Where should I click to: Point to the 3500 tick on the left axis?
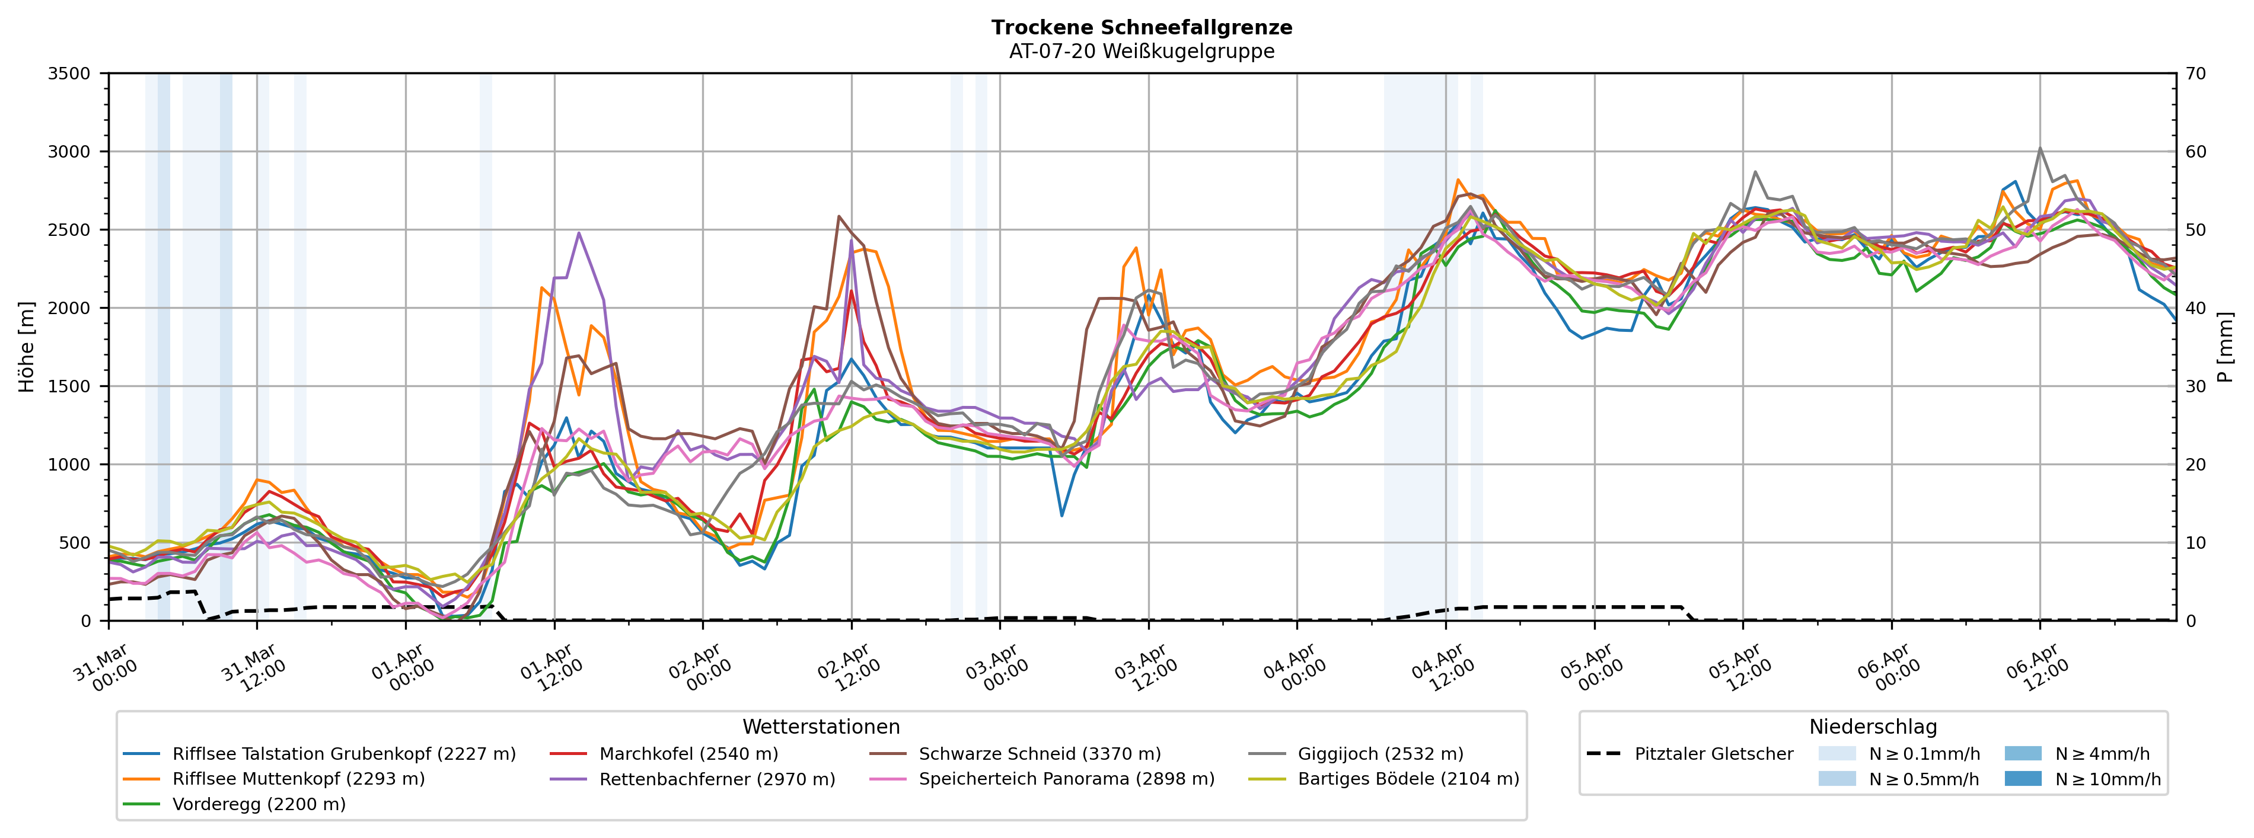[69, 73]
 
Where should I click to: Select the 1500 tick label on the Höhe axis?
[69, 386]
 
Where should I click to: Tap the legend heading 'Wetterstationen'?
[821, 728]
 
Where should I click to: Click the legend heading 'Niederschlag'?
[1873, 728]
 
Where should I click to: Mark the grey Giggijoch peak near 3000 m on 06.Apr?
[2039, 149]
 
